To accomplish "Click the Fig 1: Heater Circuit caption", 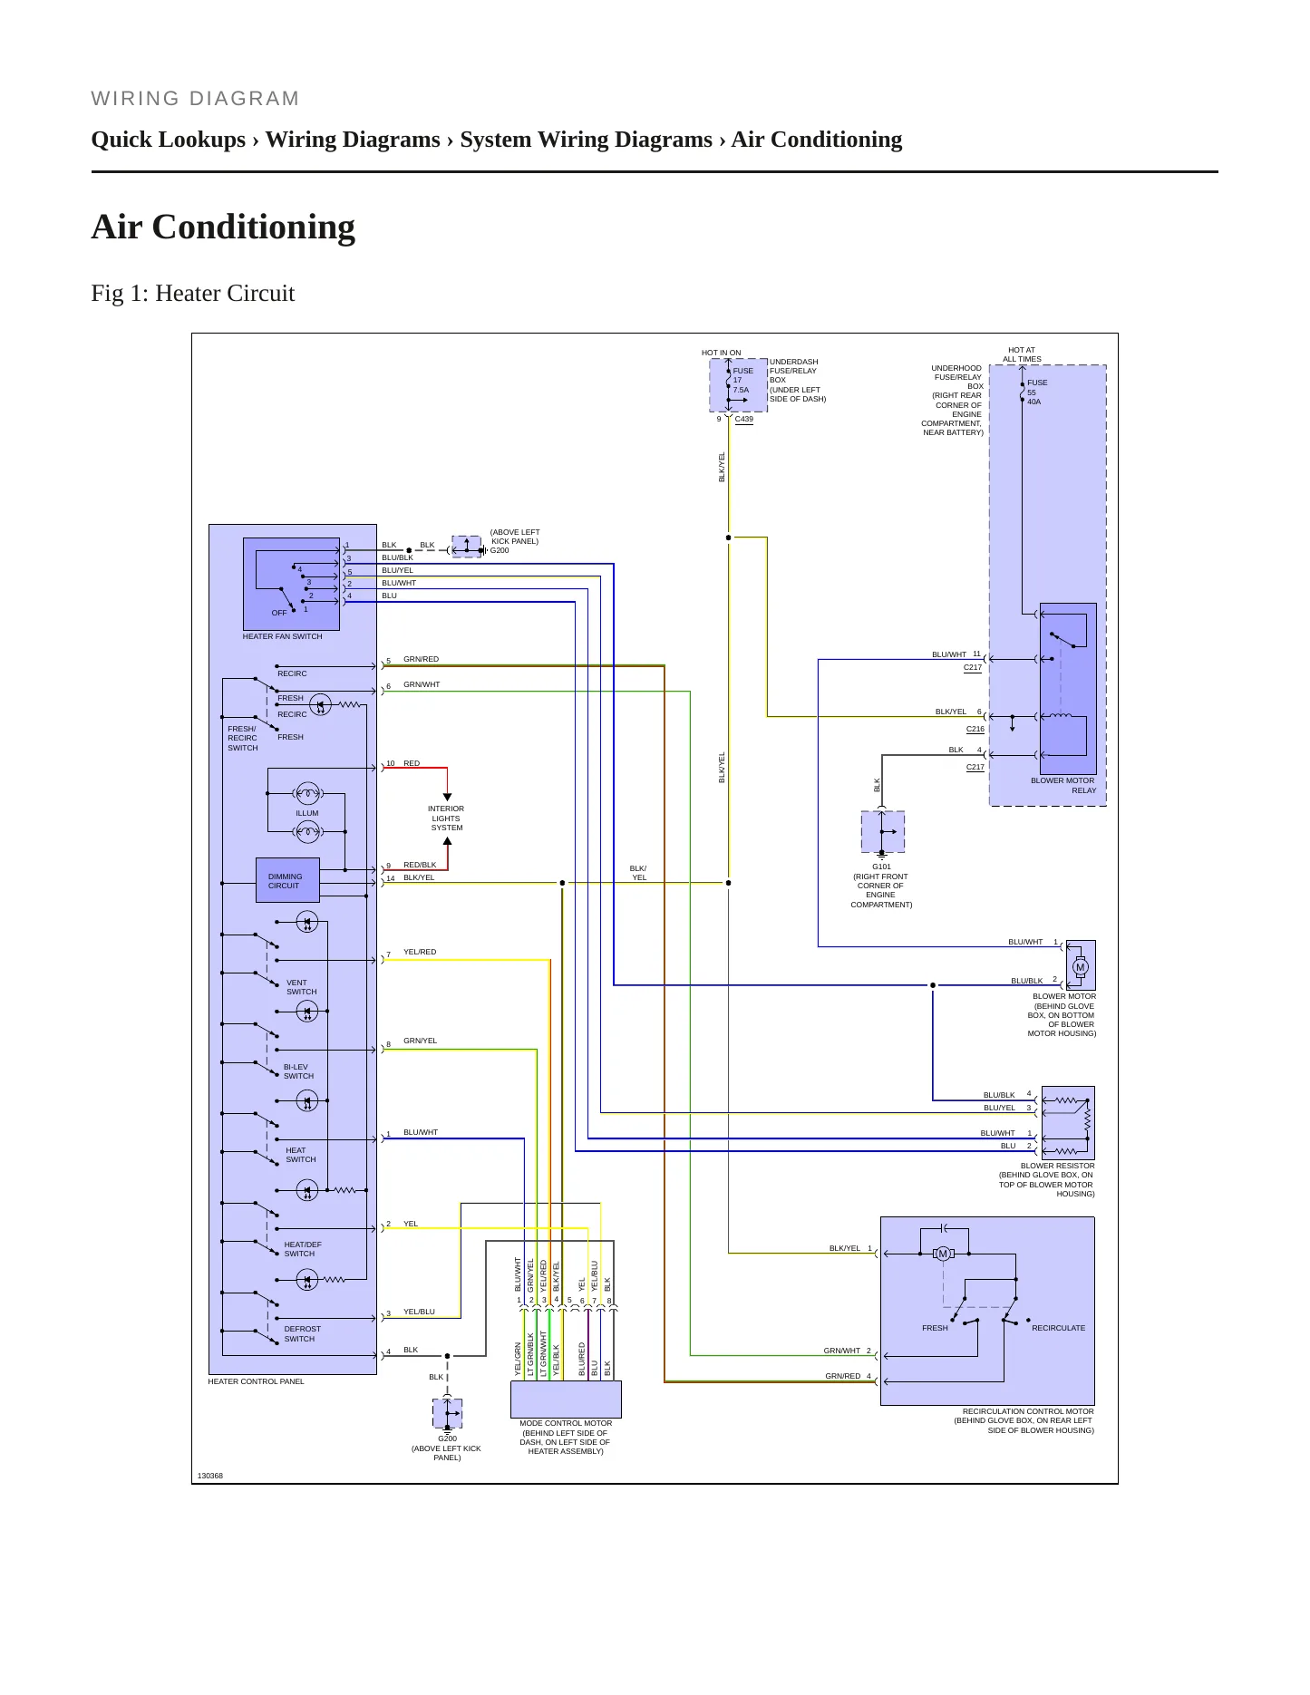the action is tap(193, 294).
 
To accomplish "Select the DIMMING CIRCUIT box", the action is tap(287, 880).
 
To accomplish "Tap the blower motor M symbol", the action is tap(1080, 967).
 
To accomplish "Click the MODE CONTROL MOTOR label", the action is tap(566, 1423).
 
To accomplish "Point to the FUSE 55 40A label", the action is tap(1037, 392).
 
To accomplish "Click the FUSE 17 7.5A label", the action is tap(742, 381).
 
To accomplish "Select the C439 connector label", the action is tap(744, 419).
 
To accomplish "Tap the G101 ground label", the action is tap(881, 867).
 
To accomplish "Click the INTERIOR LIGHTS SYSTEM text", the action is tap(446, 818).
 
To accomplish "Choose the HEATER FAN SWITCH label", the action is tap(282, 636).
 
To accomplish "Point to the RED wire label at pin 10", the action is tap(412, 763).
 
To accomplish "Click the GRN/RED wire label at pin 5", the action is tap(421, 659).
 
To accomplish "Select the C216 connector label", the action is tap(975, 729).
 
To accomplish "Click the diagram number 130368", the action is tap(210, 1476).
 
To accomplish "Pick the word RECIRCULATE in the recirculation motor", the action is tap(1058, 1328).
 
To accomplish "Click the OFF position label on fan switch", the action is tap(279, 613).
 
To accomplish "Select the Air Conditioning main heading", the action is tap(223, 227).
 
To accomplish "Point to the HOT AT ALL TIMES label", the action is tap(1022, 354).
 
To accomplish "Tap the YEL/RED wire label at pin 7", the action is tap(420, 952).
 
